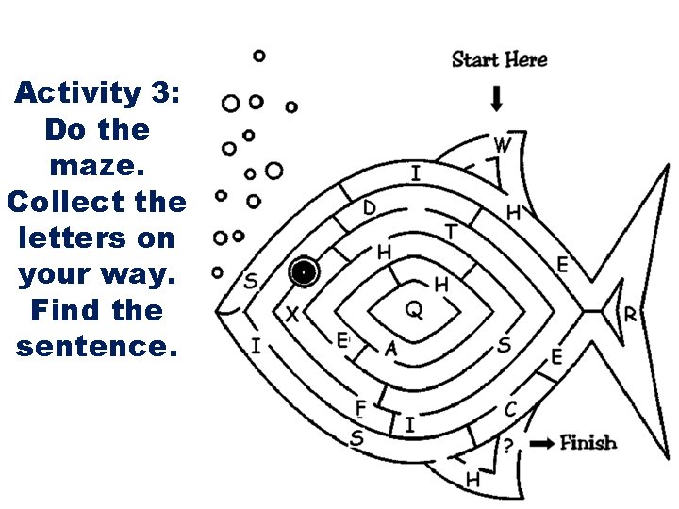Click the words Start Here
(499, 59)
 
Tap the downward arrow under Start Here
(497, 98)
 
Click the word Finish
(588, 442)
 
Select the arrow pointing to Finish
(541, 443)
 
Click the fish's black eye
(304, 272)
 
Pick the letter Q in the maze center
(414, 309)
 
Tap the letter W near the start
(503, 145)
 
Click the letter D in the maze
(370, 207)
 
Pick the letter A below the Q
(391, 349)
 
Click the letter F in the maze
(360, 407)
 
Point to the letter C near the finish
(510, 409)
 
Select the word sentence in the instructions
(95, 345)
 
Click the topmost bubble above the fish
(259, 57)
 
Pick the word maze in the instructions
(95, 164)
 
